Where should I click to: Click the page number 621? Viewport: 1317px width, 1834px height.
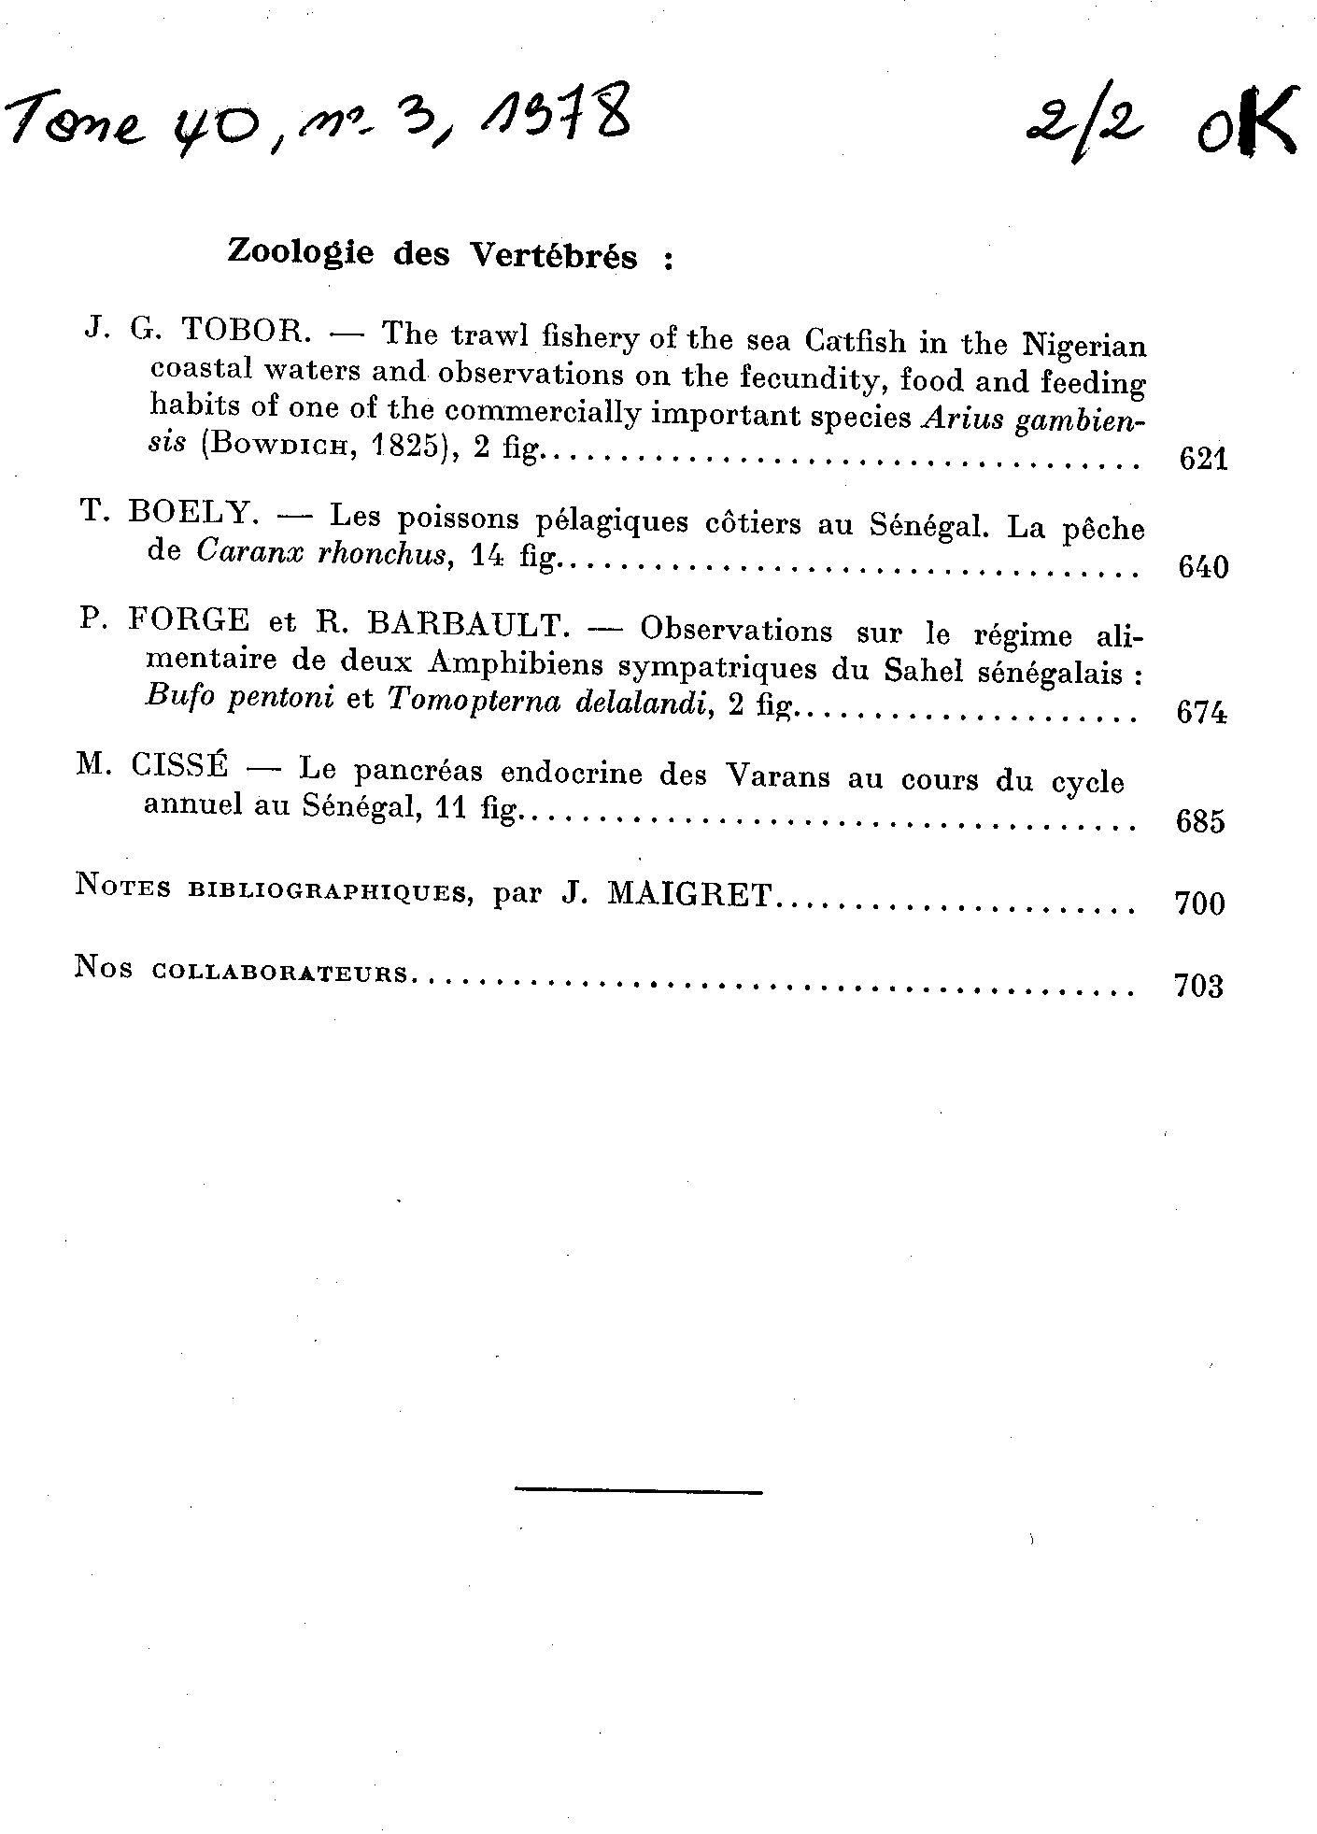click(1203, 459)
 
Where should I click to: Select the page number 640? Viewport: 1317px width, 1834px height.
click(1203, 566)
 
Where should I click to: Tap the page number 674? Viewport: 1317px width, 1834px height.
click(1201, 713)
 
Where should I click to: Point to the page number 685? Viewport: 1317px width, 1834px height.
click(1200, 821)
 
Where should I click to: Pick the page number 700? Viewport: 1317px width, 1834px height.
click(1199, 903)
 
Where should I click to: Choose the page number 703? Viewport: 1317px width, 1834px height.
click(1198, 986)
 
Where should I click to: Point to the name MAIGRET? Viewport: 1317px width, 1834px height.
click(689, 895)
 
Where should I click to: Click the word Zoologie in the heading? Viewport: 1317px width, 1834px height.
click(300, 252)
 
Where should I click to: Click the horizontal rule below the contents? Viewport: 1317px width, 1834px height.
click(638, 1490)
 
